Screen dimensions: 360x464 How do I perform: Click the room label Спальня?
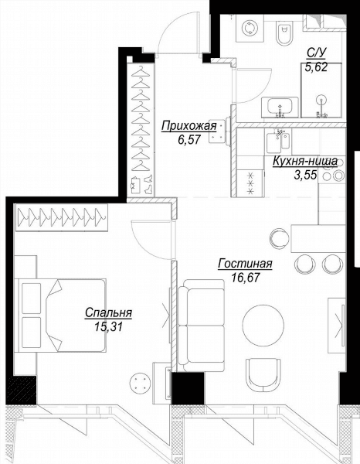[108, 312]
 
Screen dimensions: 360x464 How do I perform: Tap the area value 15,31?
[108, 326]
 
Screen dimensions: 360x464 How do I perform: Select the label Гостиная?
[245, 264]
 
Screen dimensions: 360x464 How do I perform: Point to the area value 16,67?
[246, 278]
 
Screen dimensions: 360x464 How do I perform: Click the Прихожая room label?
[188, 126]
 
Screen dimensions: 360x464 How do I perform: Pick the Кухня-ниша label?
[304, 162]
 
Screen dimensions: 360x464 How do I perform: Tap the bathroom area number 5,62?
[316, 68]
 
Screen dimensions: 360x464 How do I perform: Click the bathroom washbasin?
[280, 107]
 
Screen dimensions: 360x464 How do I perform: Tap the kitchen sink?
[279, 142]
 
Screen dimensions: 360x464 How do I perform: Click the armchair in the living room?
[263, 374]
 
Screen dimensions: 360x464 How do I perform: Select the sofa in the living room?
[201, 326]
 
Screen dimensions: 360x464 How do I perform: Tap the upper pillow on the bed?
[31, 299]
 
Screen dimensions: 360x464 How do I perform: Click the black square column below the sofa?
[188, 388]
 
